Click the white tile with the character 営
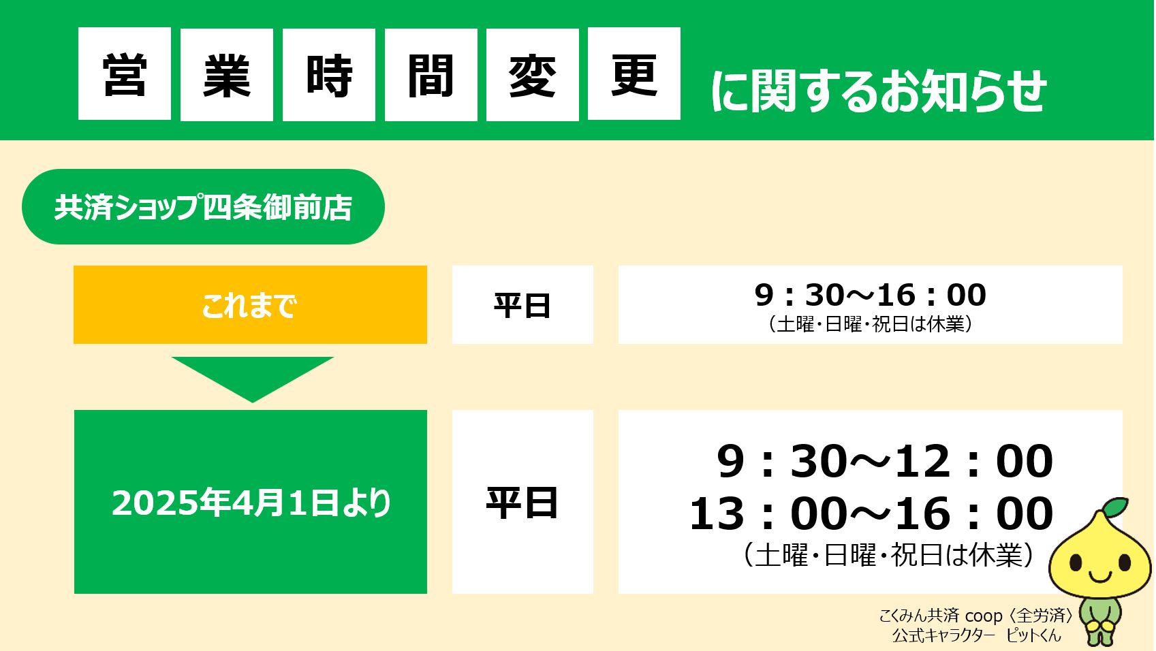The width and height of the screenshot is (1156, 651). [125, 74]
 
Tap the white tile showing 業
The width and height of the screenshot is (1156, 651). [227, 74]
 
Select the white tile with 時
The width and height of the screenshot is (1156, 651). [329, 74]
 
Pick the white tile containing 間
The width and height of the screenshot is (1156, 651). [431, 74]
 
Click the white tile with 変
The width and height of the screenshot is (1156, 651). [533, 74]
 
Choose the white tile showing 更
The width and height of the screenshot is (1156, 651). [634, 74]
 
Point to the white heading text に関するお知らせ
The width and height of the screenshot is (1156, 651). [878, 91]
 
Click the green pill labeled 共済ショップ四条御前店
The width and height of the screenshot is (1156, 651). [203, 207]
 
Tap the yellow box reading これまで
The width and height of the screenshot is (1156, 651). [250, 305]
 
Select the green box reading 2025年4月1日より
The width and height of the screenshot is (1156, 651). [250, 502]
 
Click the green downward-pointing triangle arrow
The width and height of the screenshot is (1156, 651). [252, 377]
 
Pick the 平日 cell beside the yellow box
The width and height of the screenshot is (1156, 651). [522, 305]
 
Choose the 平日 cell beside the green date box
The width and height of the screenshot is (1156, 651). [522, 502]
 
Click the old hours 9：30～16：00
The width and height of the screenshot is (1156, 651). [870, 295]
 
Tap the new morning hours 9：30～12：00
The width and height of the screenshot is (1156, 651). [884, 461]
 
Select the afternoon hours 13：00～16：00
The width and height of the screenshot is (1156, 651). [871, 513]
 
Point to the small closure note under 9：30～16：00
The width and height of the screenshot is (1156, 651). [870, 324]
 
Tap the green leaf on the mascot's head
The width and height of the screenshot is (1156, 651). [1114, 507]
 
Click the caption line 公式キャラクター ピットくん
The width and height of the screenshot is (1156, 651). [976, 635]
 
